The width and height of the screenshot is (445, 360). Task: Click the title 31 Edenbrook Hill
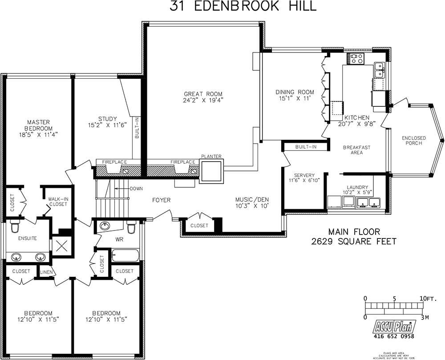coord(243,6)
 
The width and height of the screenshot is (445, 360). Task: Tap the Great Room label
coord(203,94)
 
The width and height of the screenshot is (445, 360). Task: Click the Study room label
coord(108,119)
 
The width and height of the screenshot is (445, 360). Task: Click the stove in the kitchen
coord(356,58)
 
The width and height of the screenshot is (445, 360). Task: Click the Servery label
coord(304,175)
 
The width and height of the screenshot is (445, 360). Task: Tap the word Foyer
coord(161,200)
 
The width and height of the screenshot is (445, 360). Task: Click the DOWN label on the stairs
coord(136,189)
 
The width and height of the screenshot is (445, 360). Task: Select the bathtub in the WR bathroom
coord(125,255)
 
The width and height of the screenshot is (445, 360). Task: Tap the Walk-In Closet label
coord(58,202)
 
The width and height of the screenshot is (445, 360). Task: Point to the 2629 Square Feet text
coord(354,242)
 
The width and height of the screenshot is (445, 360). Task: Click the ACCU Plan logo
coord(391,327)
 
